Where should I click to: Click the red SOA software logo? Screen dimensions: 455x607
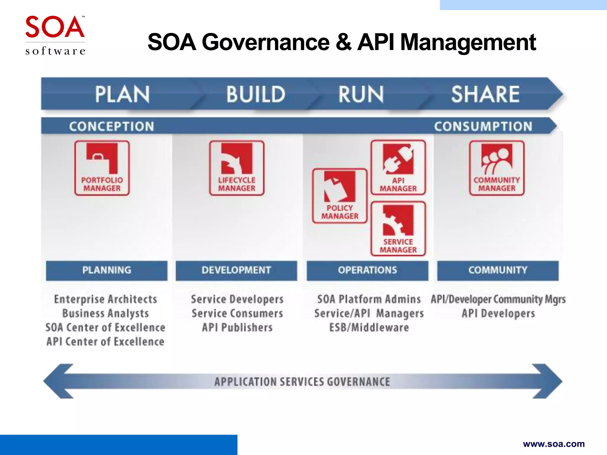pyautogui.click(x=55, y=35)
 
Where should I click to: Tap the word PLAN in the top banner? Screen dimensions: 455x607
pyautogui.click(x=122, y=94)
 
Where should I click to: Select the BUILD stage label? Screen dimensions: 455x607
pyautogui.click(x=256, y=94)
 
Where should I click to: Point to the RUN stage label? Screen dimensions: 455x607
pyautogui.click(x=361, y=94)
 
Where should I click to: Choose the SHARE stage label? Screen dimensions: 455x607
pyautogui.click(x=485, y=94)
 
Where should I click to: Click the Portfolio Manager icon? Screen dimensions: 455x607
pyautogui.click(x=102, y=168)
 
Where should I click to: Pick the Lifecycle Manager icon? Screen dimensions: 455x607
pyautogui.click(x=237, y=168)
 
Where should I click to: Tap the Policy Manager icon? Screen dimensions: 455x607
pyautogui.click(x=340, y=196)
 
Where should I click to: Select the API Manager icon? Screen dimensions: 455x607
pyautogui.click(x=398, y=168)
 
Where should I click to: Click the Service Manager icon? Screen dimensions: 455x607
pyautogui.click(x=398, y=229)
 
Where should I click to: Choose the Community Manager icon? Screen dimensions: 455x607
pyautogui.click(x=497, y=168)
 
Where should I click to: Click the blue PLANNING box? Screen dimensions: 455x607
pyautogui.click(x=107, y=270)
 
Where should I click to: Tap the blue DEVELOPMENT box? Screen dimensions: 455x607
pyautogui.click(x=236, y=270)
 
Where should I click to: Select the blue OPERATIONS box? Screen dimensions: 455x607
pyautogui.click(x=368, y=270)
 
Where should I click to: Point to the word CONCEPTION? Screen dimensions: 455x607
pyautogui.click(x=112, y=126)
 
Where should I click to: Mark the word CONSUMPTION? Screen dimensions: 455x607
pyautogui.click(x=483, y=126)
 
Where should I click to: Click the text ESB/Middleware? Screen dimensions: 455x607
pyautogui.click(x=369, y=328)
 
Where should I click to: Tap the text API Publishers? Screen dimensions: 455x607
pyautogui.click(x=237, y=328)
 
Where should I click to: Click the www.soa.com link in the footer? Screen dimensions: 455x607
pyautogui.click(x=554, y=444)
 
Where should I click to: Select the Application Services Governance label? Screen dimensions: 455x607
pyautogui.click(x=302, y=382)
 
